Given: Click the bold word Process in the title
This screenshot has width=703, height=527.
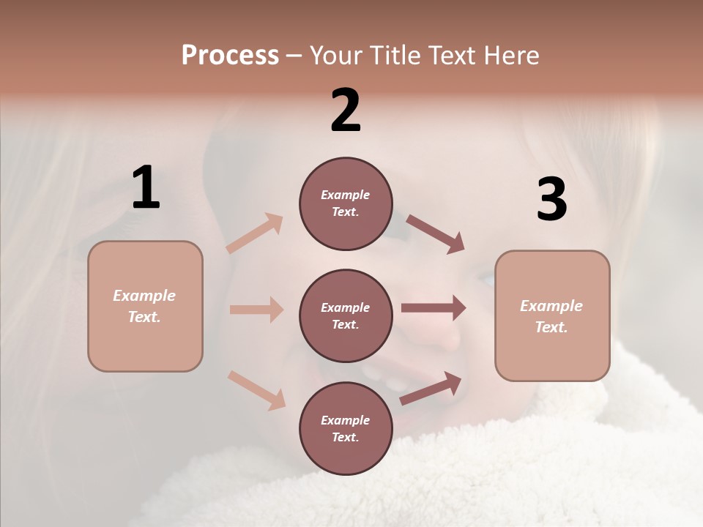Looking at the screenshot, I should (230, 56).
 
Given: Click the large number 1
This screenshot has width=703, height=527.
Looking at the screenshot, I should (146, 188).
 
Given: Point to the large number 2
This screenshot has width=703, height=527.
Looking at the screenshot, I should (346, 111).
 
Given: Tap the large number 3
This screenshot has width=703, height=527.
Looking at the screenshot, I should (551, 199).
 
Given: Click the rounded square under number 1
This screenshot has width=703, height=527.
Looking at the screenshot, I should (145, 306).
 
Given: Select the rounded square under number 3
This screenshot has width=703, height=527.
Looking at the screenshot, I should (552, 316).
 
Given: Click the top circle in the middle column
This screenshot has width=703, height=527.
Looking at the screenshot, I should (346, 203).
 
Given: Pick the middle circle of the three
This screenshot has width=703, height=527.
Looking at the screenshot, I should (346, 316).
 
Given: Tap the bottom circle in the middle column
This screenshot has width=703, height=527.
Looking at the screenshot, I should (346, 429).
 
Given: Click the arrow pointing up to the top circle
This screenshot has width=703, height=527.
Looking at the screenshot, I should (255, 233).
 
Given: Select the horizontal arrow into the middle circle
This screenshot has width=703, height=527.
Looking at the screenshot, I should (256, 310).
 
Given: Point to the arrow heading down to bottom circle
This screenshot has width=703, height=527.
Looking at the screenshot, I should (256, 390).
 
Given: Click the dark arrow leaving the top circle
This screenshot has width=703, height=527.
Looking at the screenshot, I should (435, 234).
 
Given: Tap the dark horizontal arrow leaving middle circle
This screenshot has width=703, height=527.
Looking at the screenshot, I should (433, 308).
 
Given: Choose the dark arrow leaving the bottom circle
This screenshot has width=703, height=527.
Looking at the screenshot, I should (431, 388).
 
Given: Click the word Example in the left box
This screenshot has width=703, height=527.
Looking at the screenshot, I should (144, 296).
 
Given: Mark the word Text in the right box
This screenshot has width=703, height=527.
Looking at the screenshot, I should (551, 327).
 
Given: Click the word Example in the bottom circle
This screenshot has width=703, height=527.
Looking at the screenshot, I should (345, 420).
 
